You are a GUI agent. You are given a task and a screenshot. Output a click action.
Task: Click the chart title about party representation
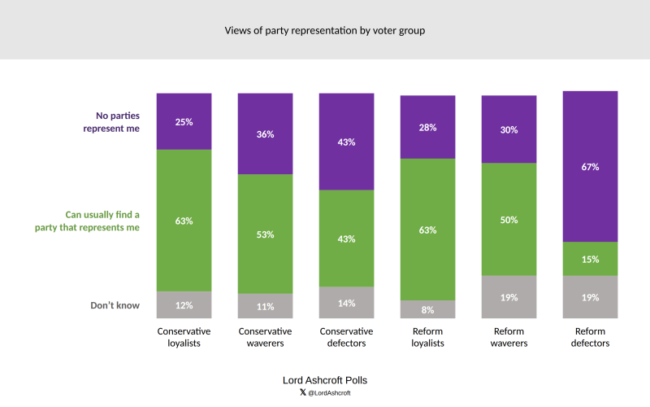tap(324, 31)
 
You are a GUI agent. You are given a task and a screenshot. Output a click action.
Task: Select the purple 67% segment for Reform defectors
tap(590, 167)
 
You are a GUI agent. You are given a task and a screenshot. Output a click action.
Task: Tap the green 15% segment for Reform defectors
tap(590, 259)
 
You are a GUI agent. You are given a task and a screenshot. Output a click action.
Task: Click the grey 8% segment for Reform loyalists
tap(427, 309)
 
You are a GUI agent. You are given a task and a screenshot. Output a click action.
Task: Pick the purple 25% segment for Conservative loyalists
tap(184, 121)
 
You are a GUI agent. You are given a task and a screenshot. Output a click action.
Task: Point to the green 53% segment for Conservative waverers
tap(265, 234)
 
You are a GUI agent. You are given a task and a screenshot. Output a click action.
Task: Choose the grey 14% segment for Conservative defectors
tap(346, 303)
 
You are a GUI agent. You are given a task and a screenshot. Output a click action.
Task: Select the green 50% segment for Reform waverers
tap(509, 219)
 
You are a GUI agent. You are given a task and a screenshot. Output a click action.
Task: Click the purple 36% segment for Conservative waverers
tap(265, 133)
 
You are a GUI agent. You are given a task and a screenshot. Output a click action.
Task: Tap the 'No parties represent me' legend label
tap(111, 122)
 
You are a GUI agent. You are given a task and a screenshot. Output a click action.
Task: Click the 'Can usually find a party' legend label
tap(87, 221)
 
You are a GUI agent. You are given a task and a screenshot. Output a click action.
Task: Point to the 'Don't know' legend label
tap(115, 305)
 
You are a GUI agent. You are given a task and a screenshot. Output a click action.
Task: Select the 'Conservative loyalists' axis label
tap(184, 337)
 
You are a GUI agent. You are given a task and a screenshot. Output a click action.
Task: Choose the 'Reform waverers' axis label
tap(509, 337)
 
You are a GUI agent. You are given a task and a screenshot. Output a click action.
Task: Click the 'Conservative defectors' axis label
tap(346, 337)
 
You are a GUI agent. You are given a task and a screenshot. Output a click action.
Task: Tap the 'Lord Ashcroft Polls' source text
tap(324, 380)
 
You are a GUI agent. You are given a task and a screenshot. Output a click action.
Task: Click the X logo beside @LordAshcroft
tap(302, 392)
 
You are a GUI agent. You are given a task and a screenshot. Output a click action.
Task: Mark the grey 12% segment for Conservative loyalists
tap(184, 304)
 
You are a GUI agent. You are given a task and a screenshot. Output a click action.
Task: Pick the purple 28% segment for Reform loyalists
tap(427, 127)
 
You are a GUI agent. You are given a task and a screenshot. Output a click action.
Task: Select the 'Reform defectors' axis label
tap(590, 337)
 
